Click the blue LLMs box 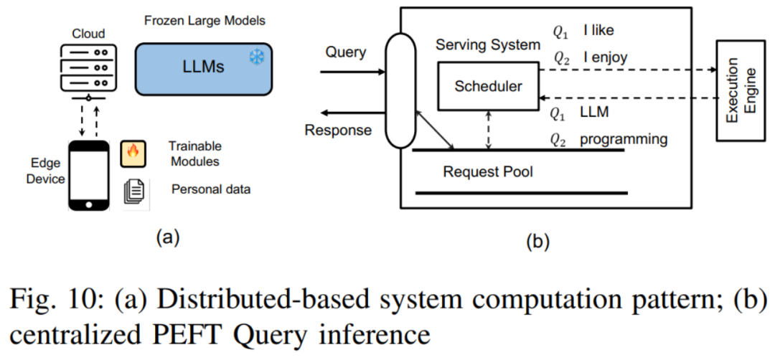pos(203,67)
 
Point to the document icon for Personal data pos(134,190)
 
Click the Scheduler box pos(489,86)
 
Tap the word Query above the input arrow pos(346,52)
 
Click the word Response pos(339,130)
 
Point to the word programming pos(624,139)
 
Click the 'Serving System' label pos(488,44)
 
